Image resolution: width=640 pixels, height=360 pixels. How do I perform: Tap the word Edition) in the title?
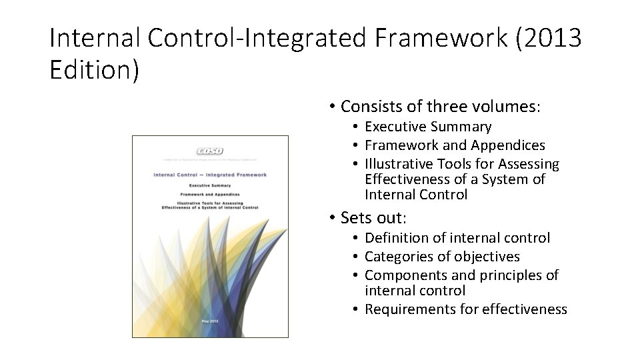tap(94, 69)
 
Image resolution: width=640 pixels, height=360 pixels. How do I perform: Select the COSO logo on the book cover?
tap(210, 151)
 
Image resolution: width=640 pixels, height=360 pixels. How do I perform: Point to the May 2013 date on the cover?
tap(210, 322)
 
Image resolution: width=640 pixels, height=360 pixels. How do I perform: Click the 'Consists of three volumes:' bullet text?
tap(442, 106)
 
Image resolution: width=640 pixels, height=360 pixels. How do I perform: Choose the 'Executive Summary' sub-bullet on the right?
tap(428, 127)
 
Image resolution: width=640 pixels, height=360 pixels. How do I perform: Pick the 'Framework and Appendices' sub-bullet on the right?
tap(455, 145)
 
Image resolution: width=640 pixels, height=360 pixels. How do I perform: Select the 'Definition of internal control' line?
tap(457, 238)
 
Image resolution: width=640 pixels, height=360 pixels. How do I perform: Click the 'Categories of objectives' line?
tap(442, 257)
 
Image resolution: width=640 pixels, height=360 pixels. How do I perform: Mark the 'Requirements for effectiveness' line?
tap(466, 309)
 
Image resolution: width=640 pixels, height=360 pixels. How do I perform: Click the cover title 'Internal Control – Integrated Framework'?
tap(210, 175)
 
